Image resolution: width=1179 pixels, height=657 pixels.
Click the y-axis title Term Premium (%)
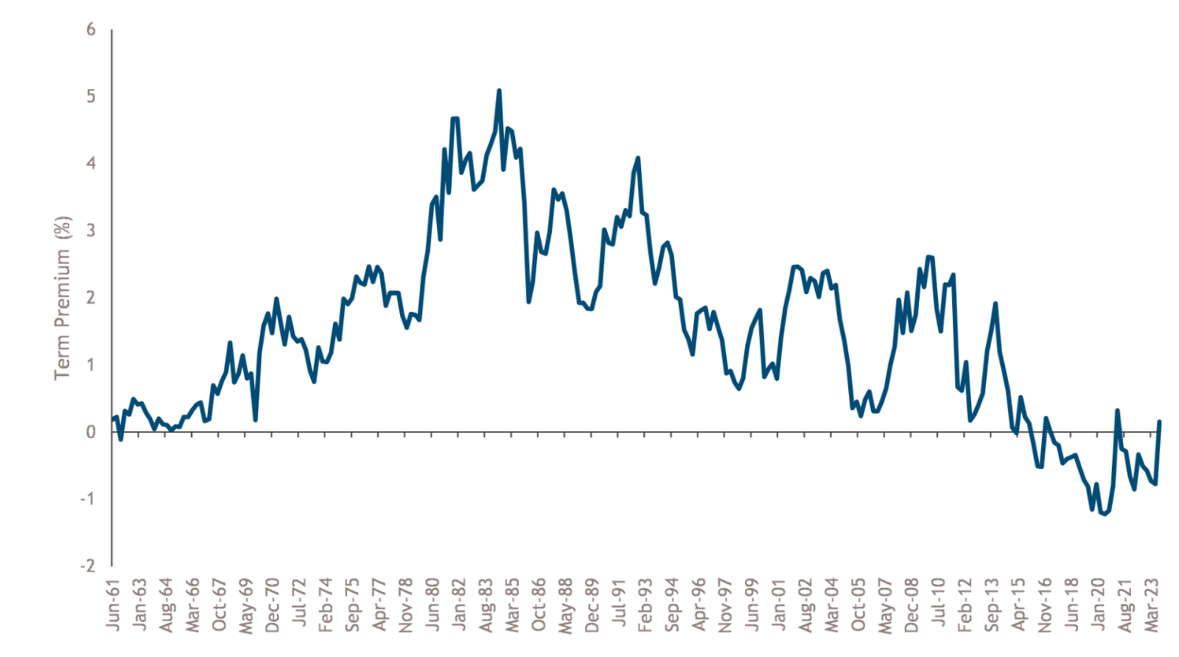63,298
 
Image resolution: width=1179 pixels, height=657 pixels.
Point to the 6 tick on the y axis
91,29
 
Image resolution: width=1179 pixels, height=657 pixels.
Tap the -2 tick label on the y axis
88,566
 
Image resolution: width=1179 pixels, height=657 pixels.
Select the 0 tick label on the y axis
91,431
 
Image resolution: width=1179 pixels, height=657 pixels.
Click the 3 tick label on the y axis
91,230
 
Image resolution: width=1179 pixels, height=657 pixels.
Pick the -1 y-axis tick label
88,498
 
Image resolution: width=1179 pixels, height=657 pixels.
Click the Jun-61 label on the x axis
113,605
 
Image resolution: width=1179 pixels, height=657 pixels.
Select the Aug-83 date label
486,605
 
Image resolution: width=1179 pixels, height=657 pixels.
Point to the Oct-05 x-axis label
858,605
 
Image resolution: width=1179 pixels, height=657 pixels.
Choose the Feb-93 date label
646,605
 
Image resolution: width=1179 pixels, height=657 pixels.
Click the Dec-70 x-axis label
273,605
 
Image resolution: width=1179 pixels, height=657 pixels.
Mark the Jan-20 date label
1099,605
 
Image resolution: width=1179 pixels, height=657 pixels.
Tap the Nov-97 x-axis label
726,605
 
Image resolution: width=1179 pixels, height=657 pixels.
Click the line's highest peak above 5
499,91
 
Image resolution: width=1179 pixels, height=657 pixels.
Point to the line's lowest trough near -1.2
1105,514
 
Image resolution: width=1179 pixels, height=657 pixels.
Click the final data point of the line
1160,422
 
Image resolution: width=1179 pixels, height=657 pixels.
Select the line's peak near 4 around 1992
637,158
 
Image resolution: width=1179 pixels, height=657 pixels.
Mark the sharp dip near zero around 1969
255,420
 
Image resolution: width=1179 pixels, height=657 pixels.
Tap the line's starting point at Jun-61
112,420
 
